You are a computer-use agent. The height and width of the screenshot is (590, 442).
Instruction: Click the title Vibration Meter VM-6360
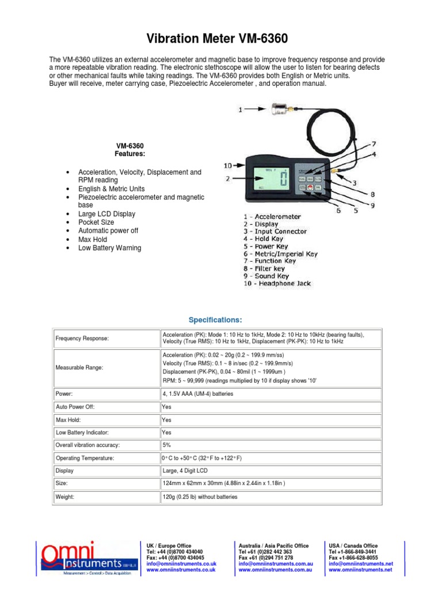[x=220, y=39]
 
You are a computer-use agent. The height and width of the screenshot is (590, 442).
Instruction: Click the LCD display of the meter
[x=267, y=178]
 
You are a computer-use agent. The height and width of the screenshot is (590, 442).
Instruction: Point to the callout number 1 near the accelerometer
[x=241, y=108]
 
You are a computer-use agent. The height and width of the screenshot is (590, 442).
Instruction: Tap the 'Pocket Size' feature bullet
[x=96, y=222]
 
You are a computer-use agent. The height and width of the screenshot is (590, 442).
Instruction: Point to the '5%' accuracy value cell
[x=168, y=445]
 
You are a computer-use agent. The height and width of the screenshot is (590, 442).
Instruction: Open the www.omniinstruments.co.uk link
[x=181, y=569]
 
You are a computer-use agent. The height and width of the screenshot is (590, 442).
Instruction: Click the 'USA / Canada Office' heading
[x=353, y=546]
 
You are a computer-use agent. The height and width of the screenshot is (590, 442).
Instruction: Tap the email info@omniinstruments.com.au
[x=275, y=563]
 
